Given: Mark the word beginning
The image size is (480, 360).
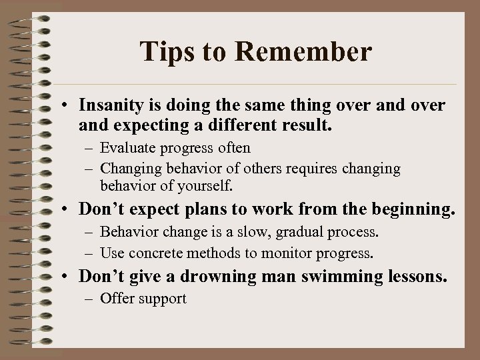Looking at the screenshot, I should click(411, 209).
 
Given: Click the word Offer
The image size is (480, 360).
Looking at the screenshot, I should click(116, 298).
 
